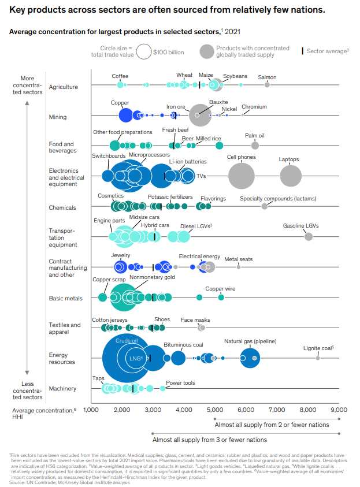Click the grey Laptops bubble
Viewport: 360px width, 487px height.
pos(291,176)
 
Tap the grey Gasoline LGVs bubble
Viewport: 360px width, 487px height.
pos(309,236)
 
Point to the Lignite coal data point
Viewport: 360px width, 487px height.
pos(317,358)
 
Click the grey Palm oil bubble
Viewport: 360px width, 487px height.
pos(255,145)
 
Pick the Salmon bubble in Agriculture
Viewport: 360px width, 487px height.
pos(267,85)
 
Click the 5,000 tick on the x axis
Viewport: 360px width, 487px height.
pos(215,409)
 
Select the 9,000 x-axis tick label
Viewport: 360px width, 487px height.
pos(339,409)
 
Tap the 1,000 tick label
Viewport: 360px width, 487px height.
pos(91,409)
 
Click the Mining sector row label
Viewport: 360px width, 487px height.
pos(58,117)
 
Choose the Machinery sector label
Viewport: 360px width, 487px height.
pos(62,388)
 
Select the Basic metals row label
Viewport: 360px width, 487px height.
pos(66,298)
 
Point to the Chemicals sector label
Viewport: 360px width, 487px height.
pos(62,207)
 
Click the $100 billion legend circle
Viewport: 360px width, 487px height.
pos(144,52)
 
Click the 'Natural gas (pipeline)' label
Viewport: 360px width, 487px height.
pos(250,341)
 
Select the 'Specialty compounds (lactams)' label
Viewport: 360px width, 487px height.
pos(278,199)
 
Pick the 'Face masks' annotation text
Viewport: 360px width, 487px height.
pos(195,319)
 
